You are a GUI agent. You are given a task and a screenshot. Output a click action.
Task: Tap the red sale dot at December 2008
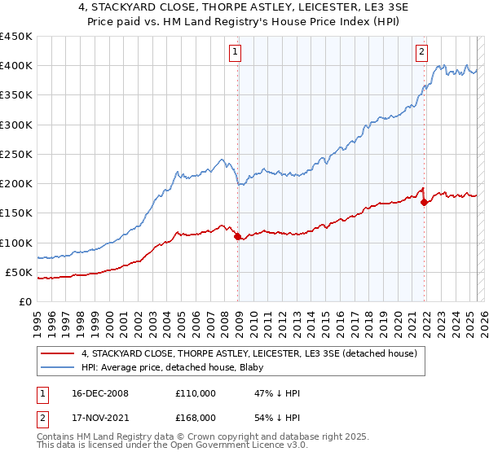pyautogui.click(x=238, y=237)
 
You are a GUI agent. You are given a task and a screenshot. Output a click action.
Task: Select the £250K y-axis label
pyautogui.click(x=16, y=154)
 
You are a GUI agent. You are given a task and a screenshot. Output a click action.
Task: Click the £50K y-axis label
pyautogui.click(x=20, y=272)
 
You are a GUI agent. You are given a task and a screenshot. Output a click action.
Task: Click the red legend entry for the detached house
pyautogui.click(x=249, y=353)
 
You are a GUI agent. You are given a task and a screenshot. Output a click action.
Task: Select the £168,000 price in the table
pyautogui.click(x=196, y=419)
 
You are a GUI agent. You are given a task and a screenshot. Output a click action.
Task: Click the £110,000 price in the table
pyautogui.click(x=196, y=393)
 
